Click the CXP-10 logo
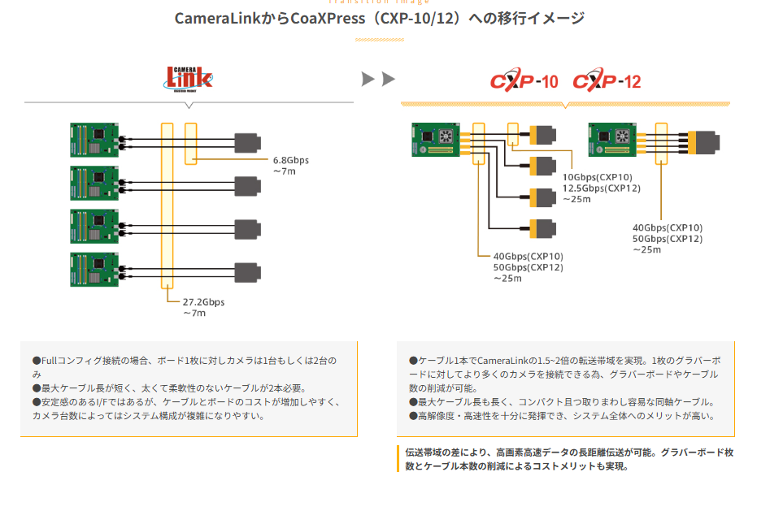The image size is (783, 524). pos(524,81)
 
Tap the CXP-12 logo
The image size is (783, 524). pos(607,81)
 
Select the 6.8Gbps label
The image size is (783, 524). pos(291,160)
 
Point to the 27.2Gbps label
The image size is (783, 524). pos(203,302)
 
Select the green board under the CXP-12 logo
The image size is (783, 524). pos(612,141)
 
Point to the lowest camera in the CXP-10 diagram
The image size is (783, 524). pos(542,228)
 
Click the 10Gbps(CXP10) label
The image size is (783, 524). pos(597,177)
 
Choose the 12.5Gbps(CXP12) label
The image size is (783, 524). pos(602,188)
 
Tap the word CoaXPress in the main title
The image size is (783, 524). pos(329,18)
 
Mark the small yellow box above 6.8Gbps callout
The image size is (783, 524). pos(191,143)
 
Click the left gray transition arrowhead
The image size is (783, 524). pos(368,79)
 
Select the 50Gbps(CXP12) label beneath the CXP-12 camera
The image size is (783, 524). pos(668,239)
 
